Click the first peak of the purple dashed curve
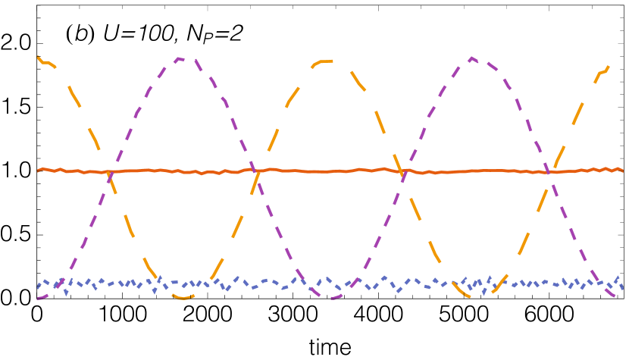click(180, 58)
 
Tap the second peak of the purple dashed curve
click(471, 58)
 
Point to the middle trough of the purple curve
click(331, 297)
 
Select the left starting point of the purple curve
click(38, 299)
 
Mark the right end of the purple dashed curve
click(615, 297)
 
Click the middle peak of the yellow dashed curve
click(327, 61)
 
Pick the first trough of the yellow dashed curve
click(183, 298)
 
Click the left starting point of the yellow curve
click(38, 57)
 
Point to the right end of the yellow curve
click(609, 65)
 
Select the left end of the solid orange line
click(38, 170)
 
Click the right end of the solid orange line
click(622, 171)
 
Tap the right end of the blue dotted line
click(622, 287)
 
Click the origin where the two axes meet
click(37, 299)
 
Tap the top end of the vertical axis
click(37, 6)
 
